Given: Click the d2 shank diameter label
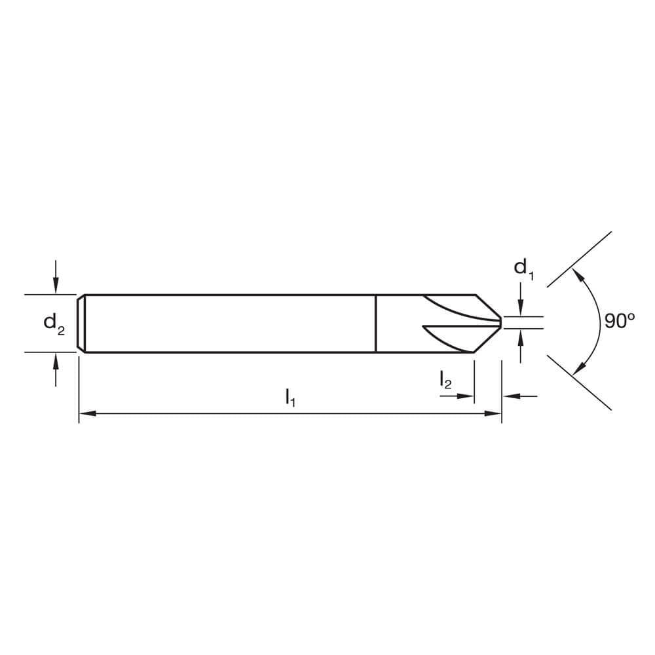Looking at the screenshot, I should tap(54, 323).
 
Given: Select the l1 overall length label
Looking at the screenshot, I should tap(290, 397).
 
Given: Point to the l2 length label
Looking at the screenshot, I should tap(445, 380).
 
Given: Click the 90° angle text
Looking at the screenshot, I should tap(619, 322).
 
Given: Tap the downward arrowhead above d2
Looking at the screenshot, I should tap(56, 288).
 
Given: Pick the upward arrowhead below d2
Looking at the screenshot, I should tap(56, 359).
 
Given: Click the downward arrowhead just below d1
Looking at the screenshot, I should tap(520, 309).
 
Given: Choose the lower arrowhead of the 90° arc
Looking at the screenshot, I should tap(577, 369).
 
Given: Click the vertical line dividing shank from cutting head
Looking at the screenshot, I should tap(375, 324).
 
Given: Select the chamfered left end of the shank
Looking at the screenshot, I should tap(81, 324).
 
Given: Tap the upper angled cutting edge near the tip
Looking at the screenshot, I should tap(488, 307).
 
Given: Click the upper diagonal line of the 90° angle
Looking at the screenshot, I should tap(580, 258).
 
